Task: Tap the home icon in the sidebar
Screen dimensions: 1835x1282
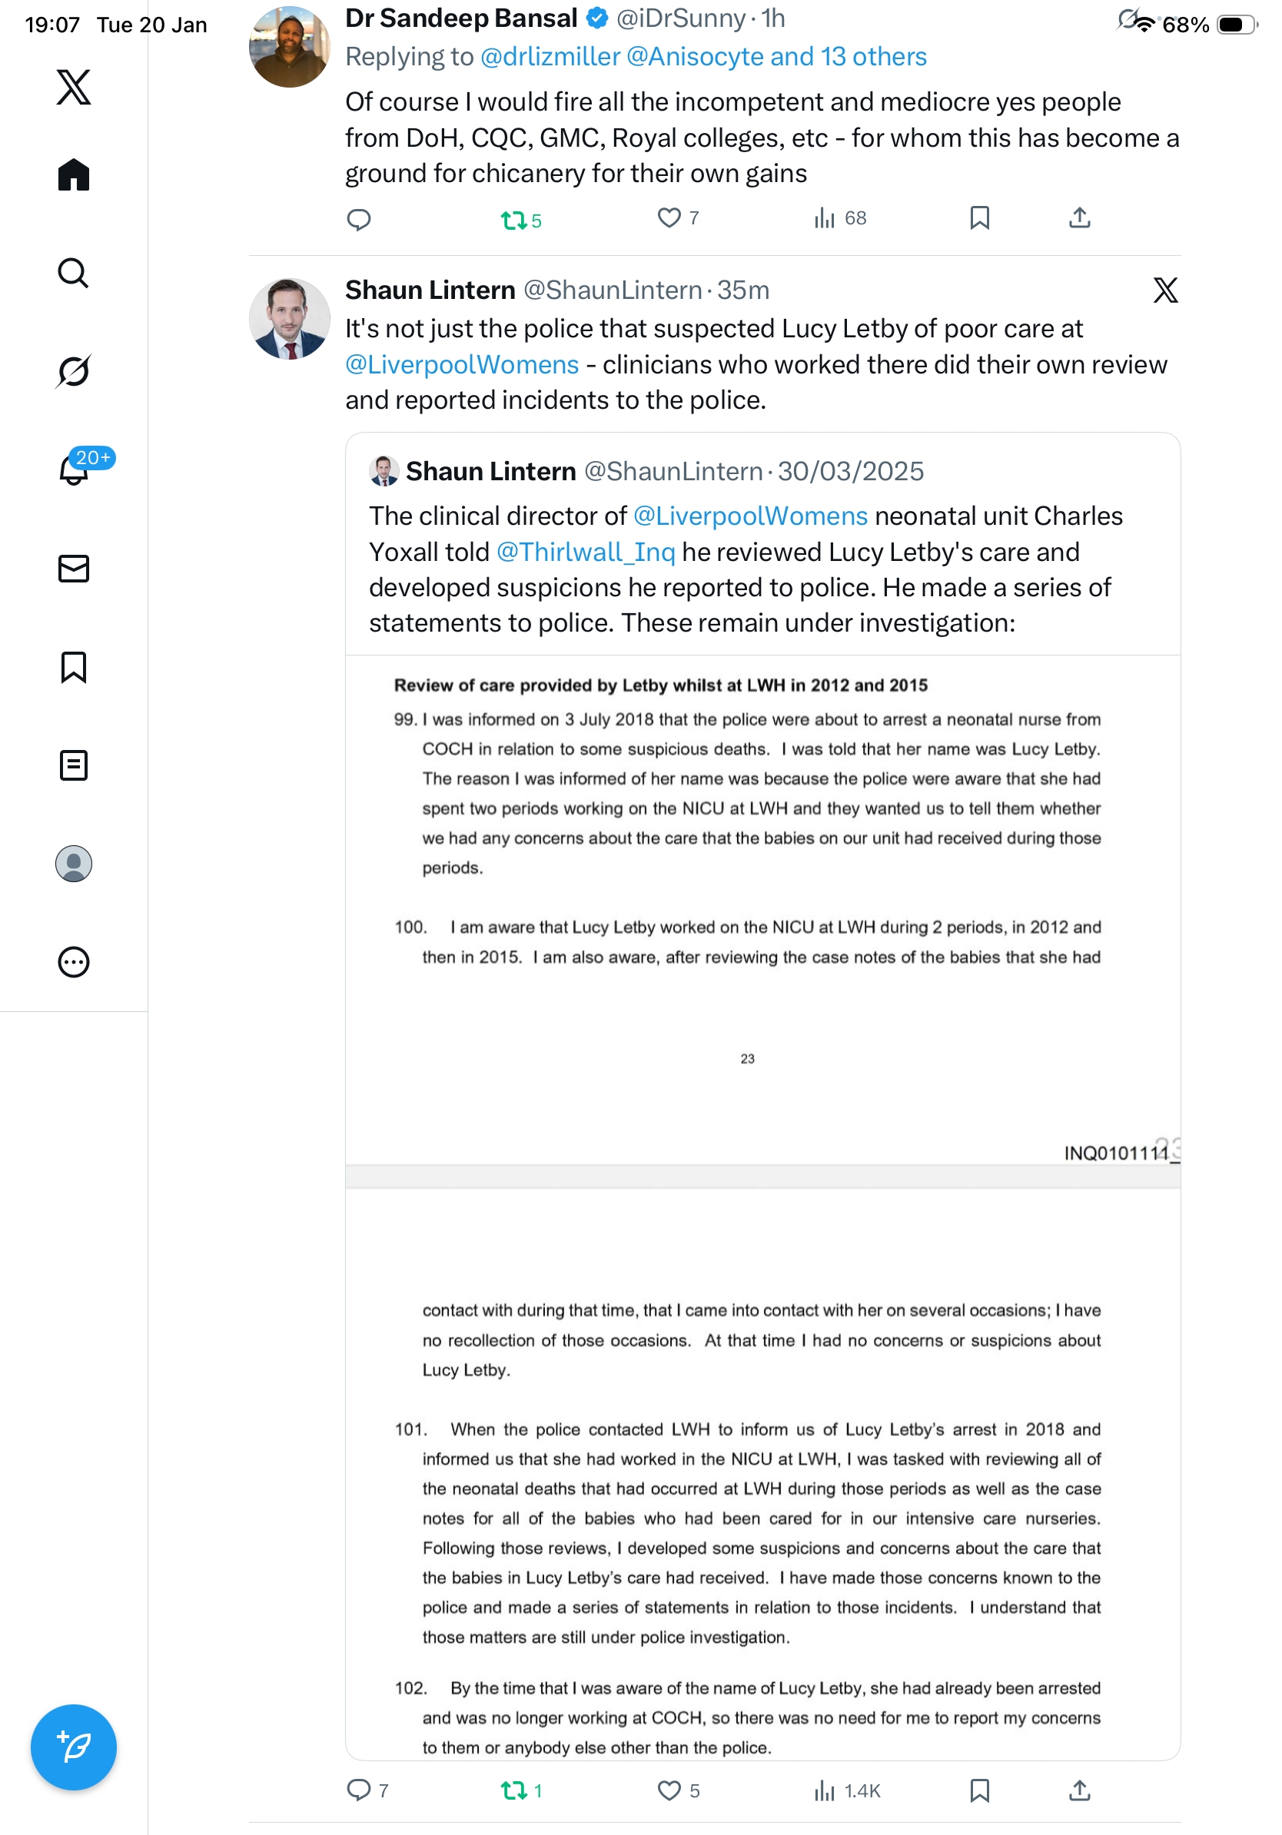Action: click(74, 174)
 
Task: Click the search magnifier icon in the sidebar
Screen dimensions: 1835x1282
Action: click(74, 274)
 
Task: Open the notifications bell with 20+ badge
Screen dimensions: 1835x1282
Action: click(74, 470)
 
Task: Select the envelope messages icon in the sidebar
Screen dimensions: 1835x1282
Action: click(74, 568)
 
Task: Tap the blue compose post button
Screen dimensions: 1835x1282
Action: click(74, 1747)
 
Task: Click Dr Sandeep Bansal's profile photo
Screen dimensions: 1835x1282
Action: click(289, 47)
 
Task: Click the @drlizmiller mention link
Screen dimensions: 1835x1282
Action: click(550, 57)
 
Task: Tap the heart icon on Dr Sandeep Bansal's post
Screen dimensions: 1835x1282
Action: click(668, 217)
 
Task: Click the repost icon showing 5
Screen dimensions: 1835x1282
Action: click(513, 219)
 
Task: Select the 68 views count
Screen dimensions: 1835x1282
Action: click(855, 218)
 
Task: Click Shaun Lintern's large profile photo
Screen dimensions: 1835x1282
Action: click(289, 319)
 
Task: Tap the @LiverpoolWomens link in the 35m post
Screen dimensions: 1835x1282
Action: click(462, 364)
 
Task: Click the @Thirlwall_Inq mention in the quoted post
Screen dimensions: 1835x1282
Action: click(586, 552)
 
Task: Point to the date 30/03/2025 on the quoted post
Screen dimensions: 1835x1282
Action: click(850, 472)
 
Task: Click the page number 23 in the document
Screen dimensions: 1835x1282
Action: click(747, 1058)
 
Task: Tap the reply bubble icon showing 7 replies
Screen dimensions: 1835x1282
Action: click(359, 1790)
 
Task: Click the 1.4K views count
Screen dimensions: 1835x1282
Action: click(862, 1790)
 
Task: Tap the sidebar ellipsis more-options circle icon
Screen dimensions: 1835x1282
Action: click(74, 961)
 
